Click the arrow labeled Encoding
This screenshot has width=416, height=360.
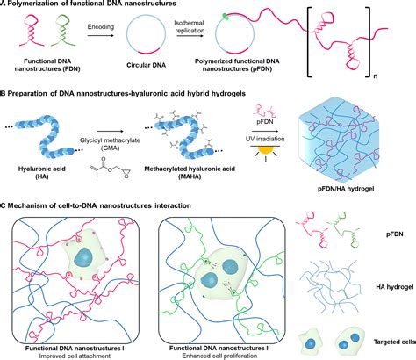(x=100, y=35)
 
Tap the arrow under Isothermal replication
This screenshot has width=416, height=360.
(x=190, y=36)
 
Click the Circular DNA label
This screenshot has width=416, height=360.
(x=147, y=65)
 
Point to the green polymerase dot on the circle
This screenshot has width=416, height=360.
(x=226, y=17)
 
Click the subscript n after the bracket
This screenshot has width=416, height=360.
(x=376, y=76)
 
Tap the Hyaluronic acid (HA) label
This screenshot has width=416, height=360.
(x=42, y=173)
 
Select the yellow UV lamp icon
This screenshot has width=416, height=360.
(x=266, y=150)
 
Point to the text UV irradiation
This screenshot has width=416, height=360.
(x=265, y=139)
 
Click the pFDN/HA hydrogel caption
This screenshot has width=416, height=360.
(x=346, y=189)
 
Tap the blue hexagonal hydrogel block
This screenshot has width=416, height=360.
(x=339, y=139)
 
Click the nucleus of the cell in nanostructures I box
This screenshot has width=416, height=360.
(x=83, y=257)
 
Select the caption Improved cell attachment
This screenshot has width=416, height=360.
(x=75, y=356)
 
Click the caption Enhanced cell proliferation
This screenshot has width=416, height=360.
(x=219, y=356)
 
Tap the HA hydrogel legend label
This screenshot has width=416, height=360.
(x=394, y=287)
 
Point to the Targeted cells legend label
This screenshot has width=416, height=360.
(x=395, y=342)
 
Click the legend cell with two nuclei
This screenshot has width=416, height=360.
(x=349, y=341)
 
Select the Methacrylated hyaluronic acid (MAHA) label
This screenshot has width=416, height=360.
(x=190, y=173)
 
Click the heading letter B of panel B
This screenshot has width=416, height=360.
(x=2, y=94)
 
